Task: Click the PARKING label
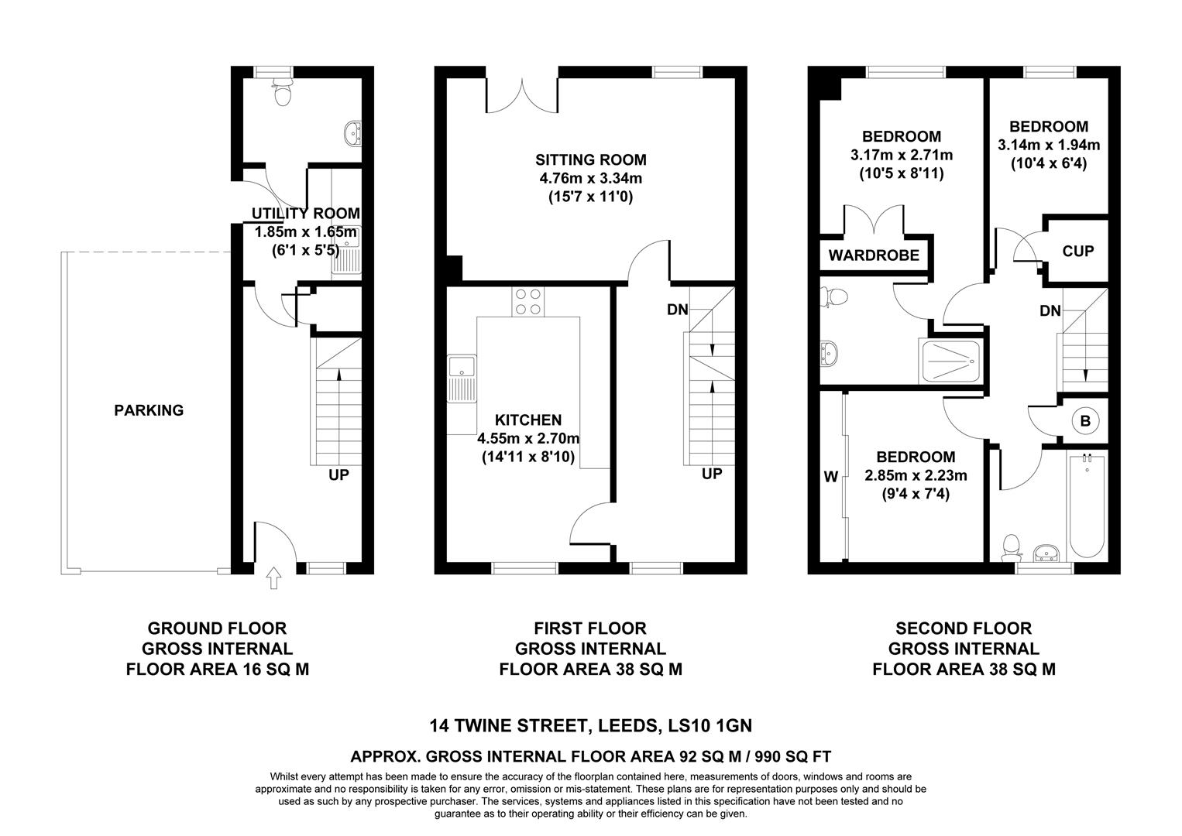pos(149,410)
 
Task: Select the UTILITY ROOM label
pos(306,214)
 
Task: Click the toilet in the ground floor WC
pos(283,93)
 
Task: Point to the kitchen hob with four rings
pos(527,301)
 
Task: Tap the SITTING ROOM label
pos(590,160)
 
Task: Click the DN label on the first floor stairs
pos(677,310)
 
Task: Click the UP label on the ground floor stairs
pos(338,475)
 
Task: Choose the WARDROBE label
pos(874,255)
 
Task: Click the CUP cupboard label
pos(1077,251)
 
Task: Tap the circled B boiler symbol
pos(1084,421)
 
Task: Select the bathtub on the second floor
pos(1087,507)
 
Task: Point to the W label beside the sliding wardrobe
pos(830,477)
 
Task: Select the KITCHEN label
pos(528,420)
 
